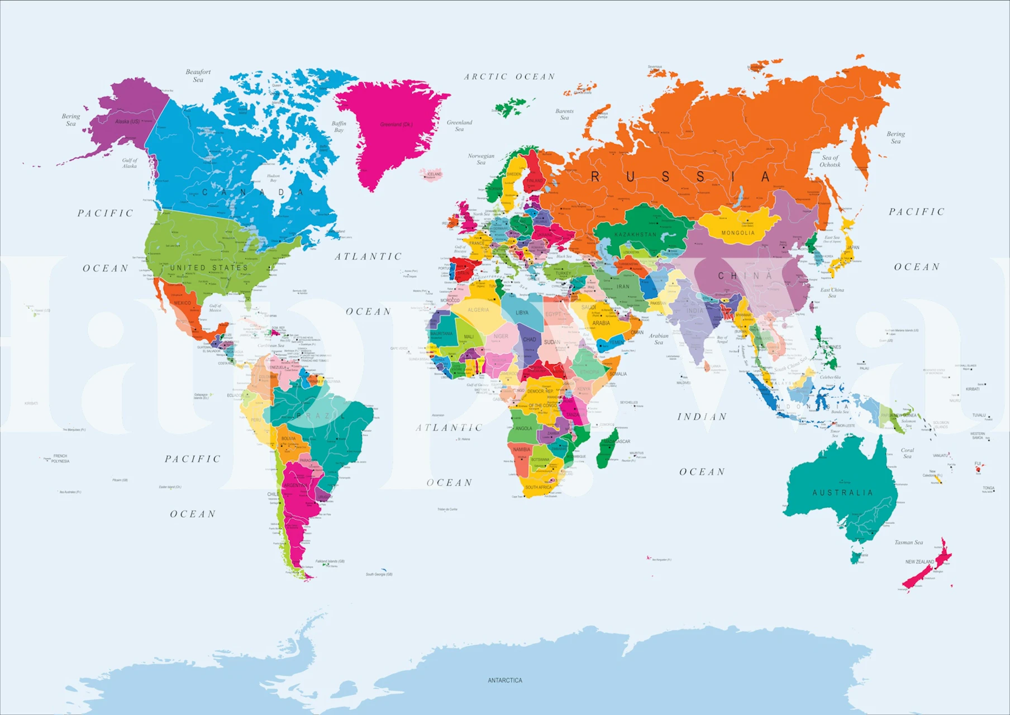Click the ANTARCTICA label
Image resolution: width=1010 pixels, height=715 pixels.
504,680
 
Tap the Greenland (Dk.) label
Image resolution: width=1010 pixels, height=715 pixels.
396,125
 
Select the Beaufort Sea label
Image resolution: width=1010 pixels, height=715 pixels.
198,75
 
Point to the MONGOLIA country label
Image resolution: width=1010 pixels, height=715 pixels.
737,233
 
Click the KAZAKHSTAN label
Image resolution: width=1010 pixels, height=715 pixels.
635,235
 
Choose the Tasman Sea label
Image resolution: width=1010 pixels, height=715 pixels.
908,542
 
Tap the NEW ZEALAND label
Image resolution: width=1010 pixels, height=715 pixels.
920,562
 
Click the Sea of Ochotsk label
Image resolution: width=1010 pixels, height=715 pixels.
830,161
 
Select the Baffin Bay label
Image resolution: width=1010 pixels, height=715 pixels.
339,127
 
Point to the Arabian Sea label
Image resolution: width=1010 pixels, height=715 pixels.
659,339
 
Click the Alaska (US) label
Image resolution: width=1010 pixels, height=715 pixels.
127,121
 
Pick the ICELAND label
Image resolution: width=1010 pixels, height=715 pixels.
434,174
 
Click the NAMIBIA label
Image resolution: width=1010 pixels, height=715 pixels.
521,450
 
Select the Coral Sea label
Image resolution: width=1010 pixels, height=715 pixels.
907,453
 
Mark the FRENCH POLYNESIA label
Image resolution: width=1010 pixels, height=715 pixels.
60,459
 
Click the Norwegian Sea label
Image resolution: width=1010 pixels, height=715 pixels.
481,159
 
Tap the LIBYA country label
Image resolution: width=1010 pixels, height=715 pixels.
522,313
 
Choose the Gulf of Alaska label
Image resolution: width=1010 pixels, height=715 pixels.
130,163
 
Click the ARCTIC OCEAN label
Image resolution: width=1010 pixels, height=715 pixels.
509,77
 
